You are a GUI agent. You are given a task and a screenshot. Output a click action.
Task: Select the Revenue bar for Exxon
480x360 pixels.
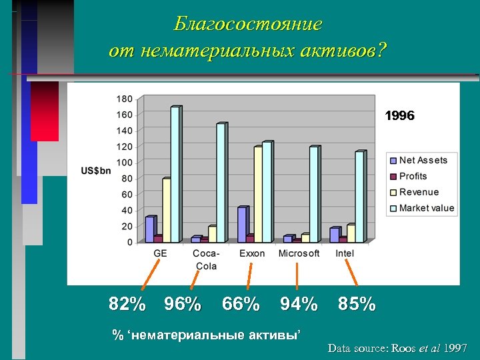pyautogui.click(x=257, y=194)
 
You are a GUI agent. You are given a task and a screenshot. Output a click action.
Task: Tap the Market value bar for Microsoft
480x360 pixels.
pyautogui.click(x=313, y=194)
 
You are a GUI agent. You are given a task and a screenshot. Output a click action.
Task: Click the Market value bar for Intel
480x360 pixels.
pyautogui.click(x=359, y=197)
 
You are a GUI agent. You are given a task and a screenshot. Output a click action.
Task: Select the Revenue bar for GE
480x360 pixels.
pyautogui.click(x=167, y=210)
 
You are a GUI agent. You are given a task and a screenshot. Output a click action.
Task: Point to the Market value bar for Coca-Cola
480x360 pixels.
pyautogui.click(x=221, y=183)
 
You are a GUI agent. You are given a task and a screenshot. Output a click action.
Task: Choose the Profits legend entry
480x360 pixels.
pyautogui.click(x=413, y=176)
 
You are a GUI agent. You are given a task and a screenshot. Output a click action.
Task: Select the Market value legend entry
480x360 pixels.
pyautogui.click(x=426, y=208)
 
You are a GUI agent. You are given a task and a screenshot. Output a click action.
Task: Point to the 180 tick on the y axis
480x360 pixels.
pyautogui.click(x=125, y=99)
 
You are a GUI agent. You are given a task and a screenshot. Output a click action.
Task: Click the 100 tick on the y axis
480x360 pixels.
pyautogui.click(x=125, y=163)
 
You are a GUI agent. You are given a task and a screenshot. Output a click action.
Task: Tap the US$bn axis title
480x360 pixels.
pyautogui.click(x=96, y=171)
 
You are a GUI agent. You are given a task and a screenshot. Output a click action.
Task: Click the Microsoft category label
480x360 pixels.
pyautogui.click(x=299, y=253)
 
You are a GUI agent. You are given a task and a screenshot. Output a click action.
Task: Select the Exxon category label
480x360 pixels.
pyautogui.click(x=252, y=253)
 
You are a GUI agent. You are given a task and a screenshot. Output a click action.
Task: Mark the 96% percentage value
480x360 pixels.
pyautogui.click(x=183, y=305)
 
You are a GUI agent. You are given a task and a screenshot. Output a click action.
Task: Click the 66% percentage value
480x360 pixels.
pyautogui.click(x=241, y=305)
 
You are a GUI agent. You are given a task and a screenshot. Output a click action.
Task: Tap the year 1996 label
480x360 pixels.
pyautogui.click(x=400, y=116)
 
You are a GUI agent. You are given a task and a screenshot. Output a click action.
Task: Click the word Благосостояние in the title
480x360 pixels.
pyautogui.click(x=247, y=25)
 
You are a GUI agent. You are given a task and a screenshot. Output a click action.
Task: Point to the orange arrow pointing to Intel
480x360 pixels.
pyautogui.click(x=351, y=274)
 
